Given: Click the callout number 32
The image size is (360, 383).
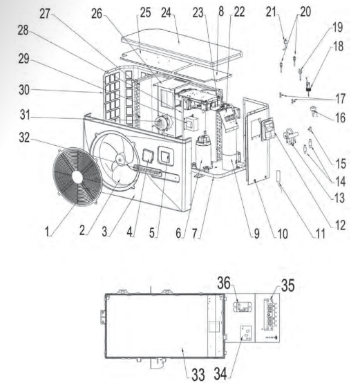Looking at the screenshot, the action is [24, 138].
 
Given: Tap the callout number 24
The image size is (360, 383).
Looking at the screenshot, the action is [166, 12].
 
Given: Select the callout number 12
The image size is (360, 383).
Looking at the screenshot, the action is [341, 225].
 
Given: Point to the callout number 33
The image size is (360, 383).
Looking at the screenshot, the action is [198, 374].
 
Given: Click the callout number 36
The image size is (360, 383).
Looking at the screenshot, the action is [224, 283].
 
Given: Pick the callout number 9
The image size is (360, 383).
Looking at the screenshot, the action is [256, 234].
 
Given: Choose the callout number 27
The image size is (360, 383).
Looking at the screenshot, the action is [45, 14].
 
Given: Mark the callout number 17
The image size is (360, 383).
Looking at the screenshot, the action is [341, 99].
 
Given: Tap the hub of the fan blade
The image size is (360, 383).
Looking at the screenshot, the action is [120, 159].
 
